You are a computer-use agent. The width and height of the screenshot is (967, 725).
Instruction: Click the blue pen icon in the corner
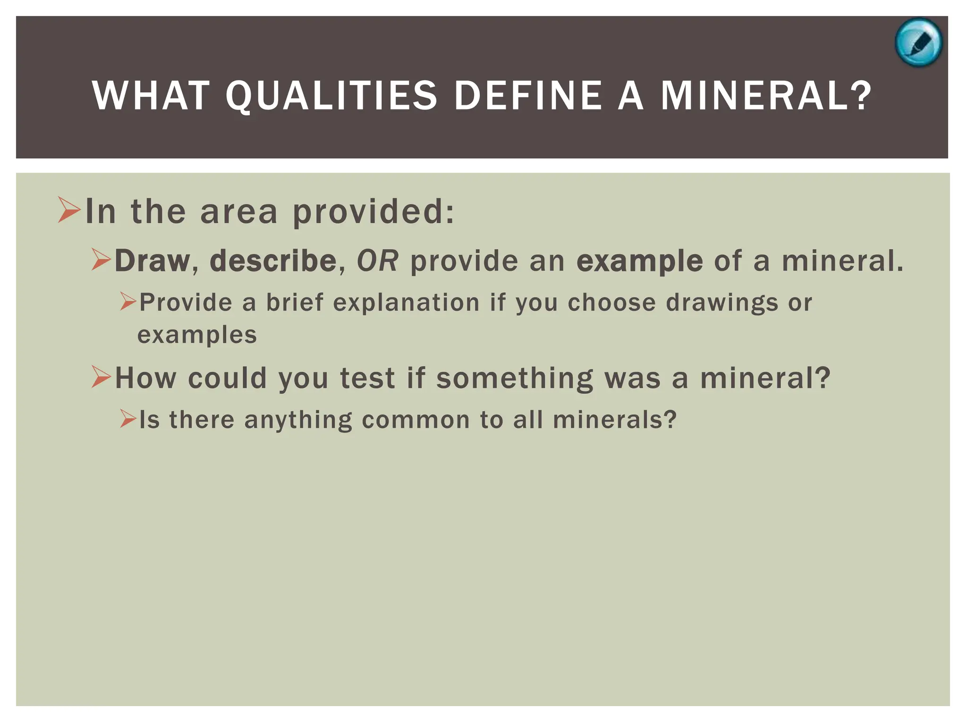pos(918,42)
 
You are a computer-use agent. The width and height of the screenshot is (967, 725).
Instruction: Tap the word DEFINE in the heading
pos(528,96)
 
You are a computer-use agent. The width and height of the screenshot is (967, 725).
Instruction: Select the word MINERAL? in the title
pos(765,96)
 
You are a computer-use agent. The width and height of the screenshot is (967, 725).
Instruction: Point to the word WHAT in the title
pos(151,96)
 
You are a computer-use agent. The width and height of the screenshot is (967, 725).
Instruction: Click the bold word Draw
pos(152,261)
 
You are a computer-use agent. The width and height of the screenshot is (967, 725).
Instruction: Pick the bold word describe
pos(273,261)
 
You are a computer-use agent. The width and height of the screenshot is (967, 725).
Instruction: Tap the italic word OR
pos(377,261)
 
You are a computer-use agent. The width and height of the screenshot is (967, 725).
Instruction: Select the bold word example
pos(639,261)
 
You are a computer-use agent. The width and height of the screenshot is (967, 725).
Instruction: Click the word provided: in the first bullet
pos(373,212)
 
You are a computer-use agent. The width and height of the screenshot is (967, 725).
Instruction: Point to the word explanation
pos(406,303)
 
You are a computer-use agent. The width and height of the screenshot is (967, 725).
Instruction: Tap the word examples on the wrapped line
pos(197,335)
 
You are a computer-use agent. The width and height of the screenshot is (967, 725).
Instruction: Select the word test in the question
pos(367,378)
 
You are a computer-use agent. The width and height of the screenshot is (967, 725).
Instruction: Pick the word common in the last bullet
pos(416,420)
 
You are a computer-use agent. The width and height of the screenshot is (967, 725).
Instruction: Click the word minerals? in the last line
pos(615,420)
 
